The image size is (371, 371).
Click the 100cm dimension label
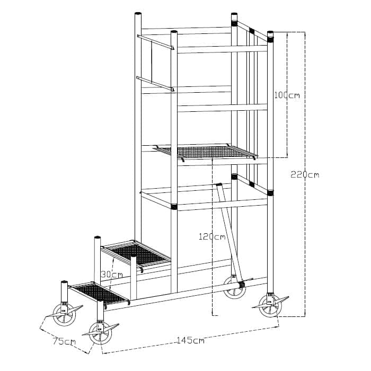point(287,95)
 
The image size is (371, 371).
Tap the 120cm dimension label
point(211,237)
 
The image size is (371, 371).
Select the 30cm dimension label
point(112,275)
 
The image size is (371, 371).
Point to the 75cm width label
point(64,341)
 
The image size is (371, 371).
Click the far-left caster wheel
point(65,314)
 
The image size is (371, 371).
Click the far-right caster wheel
point(270,306)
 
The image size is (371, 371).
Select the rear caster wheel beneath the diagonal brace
point(234,288)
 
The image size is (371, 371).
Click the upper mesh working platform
point(207,152)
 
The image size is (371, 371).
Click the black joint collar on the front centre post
point(174,206)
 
